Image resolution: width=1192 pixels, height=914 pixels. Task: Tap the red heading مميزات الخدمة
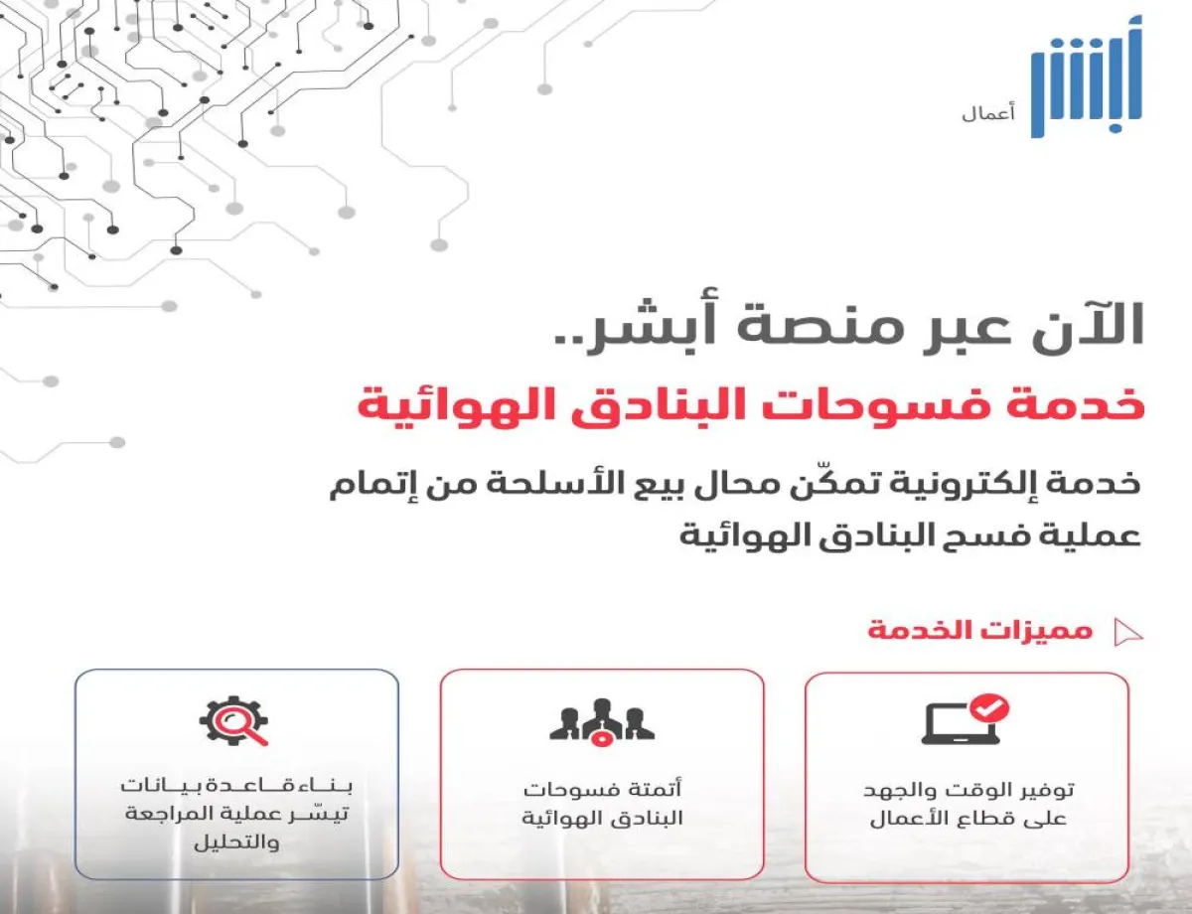click(x=979, y=631)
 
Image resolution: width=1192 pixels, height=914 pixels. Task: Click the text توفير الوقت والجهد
click(x=967, y=792)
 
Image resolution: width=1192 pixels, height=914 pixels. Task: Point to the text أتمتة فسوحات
click(x=602, y=792)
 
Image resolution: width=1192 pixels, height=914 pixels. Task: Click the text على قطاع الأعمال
click(x=967, y=821)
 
